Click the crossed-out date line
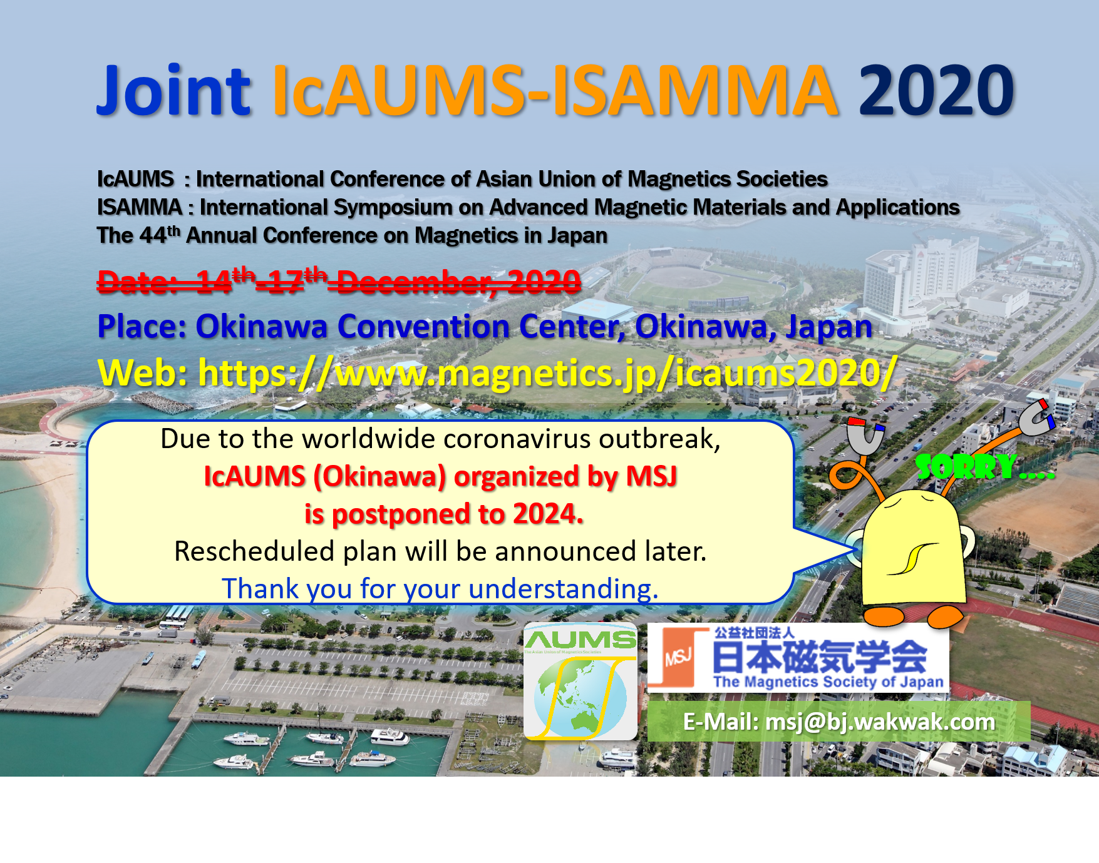(339, 281)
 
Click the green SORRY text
(984, 466)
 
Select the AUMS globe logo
(580, 681)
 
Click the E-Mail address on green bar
(839, 722)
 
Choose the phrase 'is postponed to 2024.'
(444, 514)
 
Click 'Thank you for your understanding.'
(440, 589)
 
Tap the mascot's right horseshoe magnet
(1036, 418)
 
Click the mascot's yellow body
(912, 551)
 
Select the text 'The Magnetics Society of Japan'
(828, 682)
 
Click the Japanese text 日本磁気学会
(820, 655)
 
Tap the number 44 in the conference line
(153, 236)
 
